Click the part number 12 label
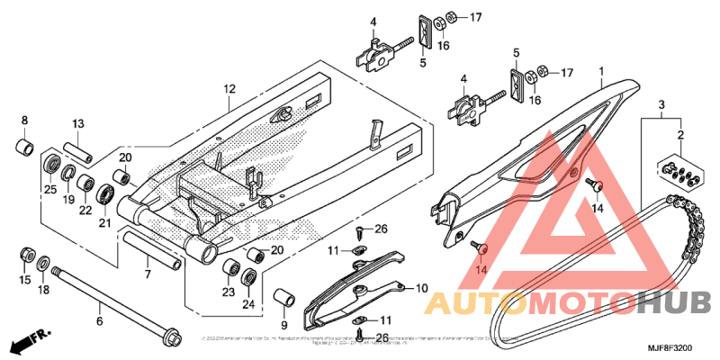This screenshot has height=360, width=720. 229,89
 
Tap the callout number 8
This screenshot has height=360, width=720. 24,121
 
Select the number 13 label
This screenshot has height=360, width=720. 78,123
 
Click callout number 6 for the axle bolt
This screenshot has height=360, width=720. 100,319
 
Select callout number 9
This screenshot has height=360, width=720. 283,324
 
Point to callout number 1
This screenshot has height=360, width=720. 600,70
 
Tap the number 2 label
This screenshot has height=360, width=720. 680,135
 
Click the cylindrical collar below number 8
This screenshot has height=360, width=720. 26,146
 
